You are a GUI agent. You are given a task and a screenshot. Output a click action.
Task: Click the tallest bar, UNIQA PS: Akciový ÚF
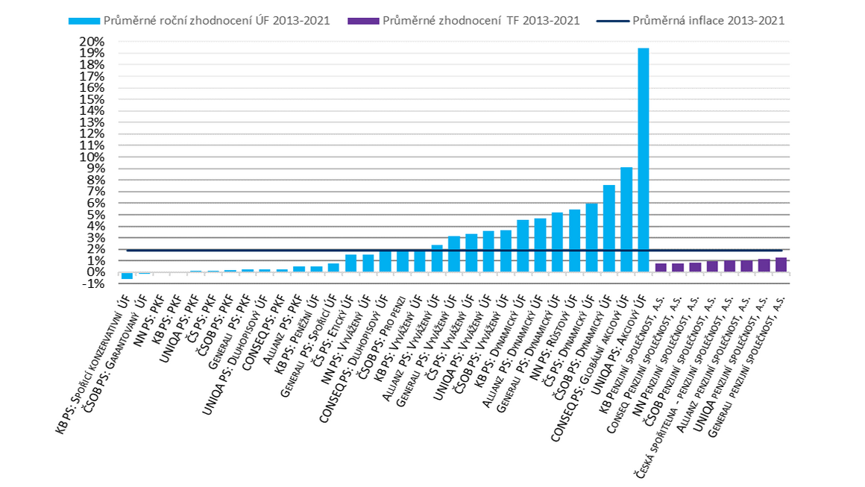tap(644, 160)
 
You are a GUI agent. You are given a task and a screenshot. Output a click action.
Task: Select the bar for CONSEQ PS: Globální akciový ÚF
tap(626, 219)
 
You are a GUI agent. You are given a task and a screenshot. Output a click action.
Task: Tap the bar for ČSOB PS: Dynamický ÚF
tap(609, 229)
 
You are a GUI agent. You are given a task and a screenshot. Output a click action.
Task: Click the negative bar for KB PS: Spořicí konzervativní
tap(127, 276)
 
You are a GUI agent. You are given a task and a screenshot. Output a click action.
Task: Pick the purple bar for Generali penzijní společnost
tap(781, 265)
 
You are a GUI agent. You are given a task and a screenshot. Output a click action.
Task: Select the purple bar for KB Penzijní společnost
tap(661, 268)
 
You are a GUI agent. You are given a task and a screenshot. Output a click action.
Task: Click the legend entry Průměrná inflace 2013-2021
tap(691, 21)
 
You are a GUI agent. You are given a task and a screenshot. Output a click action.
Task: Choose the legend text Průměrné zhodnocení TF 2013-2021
tap(481, 21)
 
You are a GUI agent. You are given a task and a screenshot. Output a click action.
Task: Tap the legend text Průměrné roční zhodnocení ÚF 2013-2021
tap(217, 21)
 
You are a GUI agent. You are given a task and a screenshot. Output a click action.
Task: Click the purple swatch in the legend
tap(364, 21)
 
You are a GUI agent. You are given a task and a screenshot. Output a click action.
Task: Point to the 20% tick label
tap(92, 41)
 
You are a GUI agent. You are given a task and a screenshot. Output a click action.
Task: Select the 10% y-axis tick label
tap(92, 157)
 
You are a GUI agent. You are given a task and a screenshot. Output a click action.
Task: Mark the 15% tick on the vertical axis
tap(92, 99)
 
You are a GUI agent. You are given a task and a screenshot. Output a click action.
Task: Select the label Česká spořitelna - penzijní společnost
tap(685, 386)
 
